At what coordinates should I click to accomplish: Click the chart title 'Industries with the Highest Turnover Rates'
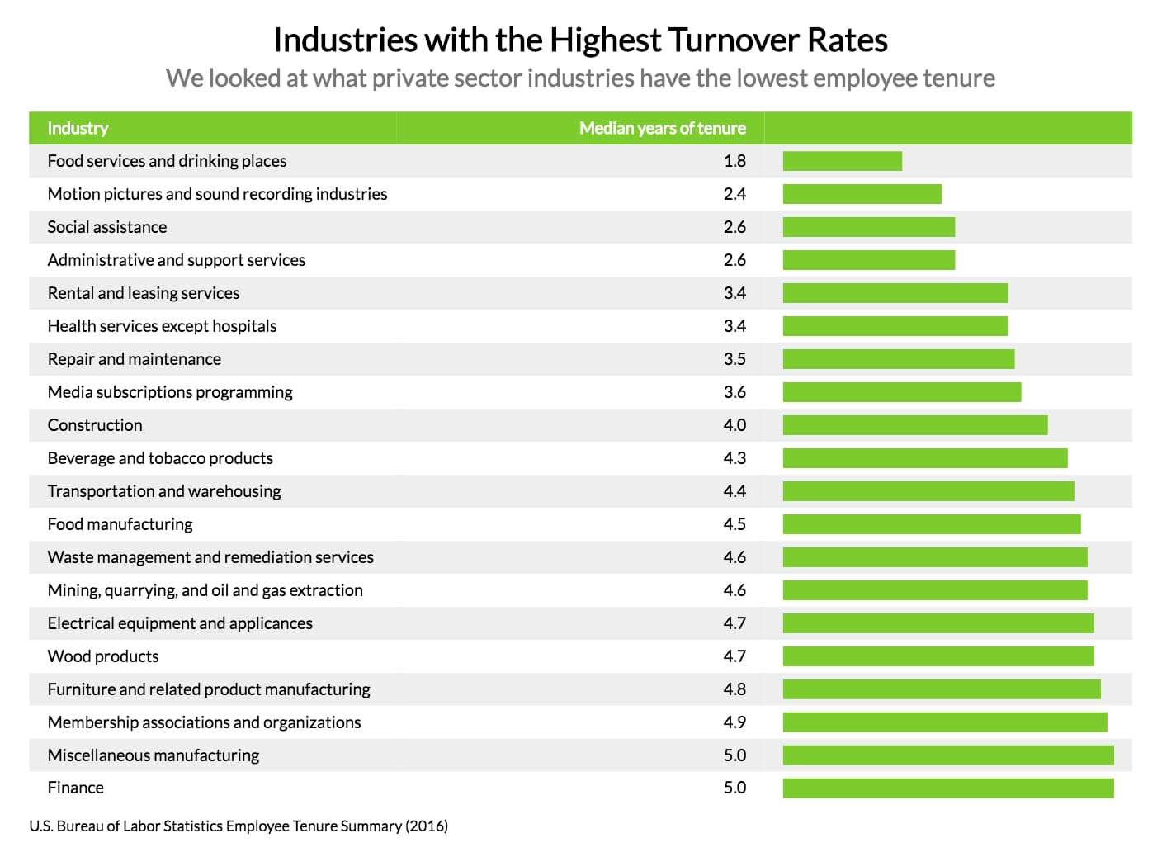coord(580,40)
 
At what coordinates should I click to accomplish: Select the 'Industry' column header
coord(78,128)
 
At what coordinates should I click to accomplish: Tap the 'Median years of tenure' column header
coord(662,128)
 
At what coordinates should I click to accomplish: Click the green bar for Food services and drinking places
coord(842,161)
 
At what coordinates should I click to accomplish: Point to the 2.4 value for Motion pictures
coord(735,194)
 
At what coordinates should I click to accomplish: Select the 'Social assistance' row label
coord(107,227)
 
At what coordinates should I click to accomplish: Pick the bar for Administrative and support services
coord(868,260)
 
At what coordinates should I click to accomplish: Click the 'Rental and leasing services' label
coord(144,293)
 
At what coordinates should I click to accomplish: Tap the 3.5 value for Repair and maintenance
coord(735,359)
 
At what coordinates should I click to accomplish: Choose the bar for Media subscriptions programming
coord(901,392)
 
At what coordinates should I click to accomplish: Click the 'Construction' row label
coord(95,425)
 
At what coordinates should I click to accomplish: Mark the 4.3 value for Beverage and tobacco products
coord(735,458)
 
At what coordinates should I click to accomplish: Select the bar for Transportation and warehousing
coord(928,491)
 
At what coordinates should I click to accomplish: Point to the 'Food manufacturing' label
coord(120,524)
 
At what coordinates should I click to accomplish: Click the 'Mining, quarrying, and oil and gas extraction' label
coord(205,590)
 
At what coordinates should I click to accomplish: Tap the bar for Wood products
coord(938,656)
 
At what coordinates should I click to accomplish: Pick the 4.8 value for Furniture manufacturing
coord(735,689)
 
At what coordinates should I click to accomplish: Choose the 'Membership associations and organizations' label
coord(204,722)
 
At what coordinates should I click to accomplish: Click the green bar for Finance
coord(947,788)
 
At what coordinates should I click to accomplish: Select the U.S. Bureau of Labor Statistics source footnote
coord(239,826)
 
